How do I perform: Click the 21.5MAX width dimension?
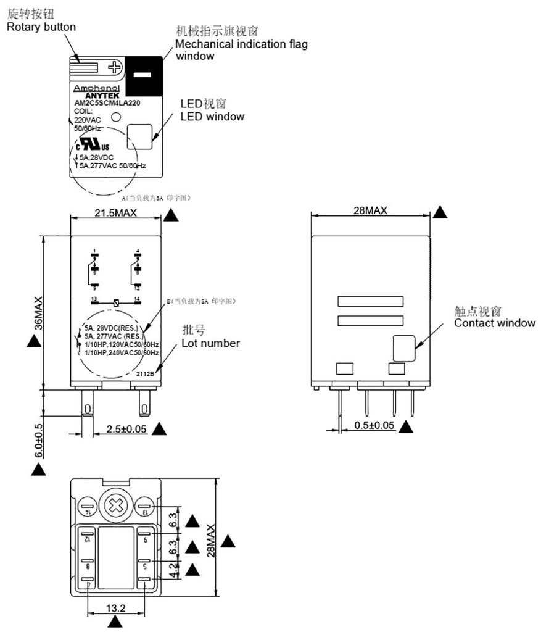tap(116, 212)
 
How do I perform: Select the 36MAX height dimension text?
tap(38, 314)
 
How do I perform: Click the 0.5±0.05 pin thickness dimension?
tap(374, 425)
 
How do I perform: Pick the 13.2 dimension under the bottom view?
tap(115, 609)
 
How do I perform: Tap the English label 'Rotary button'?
tap(41, 27)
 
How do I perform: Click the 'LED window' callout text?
tap(212, 116)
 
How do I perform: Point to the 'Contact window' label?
tap(495, 323)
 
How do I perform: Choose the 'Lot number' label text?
tap(210, 343)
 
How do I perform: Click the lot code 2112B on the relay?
tap(146, 373)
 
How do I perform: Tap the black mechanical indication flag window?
tap(144, 75)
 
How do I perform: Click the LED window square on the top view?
tap(139, 137)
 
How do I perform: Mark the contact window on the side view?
tap(405, 348)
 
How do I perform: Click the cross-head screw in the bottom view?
tap(115, 506)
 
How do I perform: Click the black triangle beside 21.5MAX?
tap(171, 215)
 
